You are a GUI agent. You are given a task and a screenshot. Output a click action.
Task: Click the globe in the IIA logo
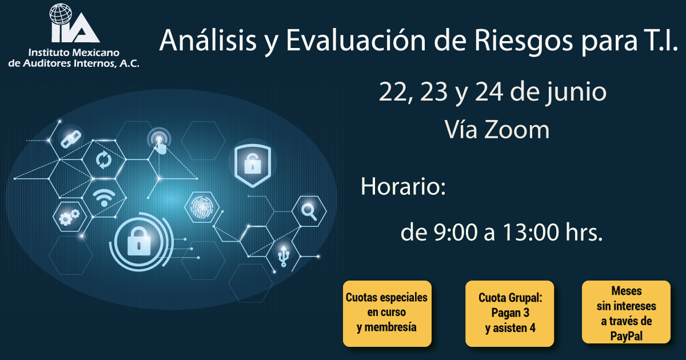click(x=61, y=14)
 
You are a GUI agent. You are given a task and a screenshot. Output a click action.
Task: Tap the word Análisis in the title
click(x=208, y=40)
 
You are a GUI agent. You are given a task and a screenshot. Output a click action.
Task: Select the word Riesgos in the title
click(x=524, y=42)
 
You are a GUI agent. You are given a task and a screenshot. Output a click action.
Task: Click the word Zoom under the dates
click(x=517, y=130)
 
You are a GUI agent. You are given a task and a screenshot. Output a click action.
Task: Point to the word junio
click(x=576, y=93)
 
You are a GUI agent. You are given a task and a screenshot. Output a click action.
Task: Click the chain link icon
click(x=71, y=139)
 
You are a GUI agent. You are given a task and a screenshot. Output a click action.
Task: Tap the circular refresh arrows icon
click(x=103, y=160)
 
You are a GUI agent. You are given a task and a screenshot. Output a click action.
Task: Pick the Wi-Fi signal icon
click(x=104, y=198)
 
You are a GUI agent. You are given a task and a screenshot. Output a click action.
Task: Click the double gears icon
click(x=69, y=217)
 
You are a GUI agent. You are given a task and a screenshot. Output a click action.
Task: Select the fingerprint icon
click(x=201, y=207)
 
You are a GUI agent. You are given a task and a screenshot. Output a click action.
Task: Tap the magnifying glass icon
click(x=309, y=211)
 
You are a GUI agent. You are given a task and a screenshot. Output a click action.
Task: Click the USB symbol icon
click(x=284, y=256)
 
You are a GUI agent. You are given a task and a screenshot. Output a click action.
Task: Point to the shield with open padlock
click(x=253, y=165)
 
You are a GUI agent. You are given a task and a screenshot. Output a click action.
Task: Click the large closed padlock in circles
click(x=139, y=242)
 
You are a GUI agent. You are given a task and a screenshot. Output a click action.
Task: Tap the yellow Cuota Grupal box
click(x=509, y=314)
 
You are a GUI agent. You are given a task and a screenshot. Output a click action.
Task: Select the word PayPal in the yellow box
click(x=627, y=336)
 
